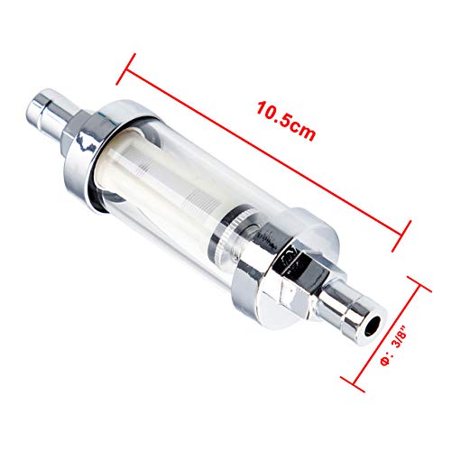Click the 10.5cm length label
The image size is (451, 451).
[x=286, y=121]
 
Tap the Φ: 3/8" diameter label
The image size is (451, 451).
[x=394, y=348]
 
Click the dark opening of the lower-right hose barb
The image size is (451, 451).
[x=372, y=327]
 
